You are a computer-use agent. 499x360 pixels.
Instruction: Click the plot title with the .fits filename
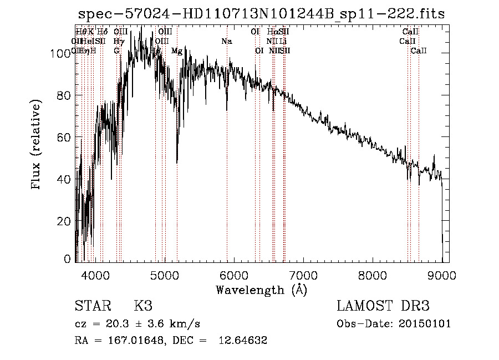(x=261, y=14)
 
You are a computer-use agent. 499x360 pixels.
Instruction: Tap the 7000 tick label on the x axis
(x=303, y=273)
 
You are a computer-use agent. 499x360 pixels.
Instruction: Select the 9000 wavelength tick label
(x=442, y=273)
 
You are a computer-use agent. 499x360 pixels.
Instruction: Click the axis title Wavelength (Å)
(x=261, y=289)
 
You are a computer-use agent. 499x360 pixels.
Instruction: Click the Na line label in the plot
(x=226, y=42)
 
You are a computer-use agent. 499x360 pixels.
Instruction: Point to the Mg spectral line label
(x=176, y=51)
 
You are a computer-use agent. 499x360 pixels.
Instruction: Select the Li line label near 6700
(x=283, y=42)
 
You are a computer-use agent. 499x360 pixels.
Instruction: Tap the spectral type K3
(x=142, y=306)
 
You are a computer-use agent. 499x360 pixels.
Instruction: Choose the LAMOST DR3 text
(x=383, y=306)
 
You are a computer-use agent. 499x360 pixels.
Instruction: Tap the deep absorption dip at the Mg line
(x=177, y=161)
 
